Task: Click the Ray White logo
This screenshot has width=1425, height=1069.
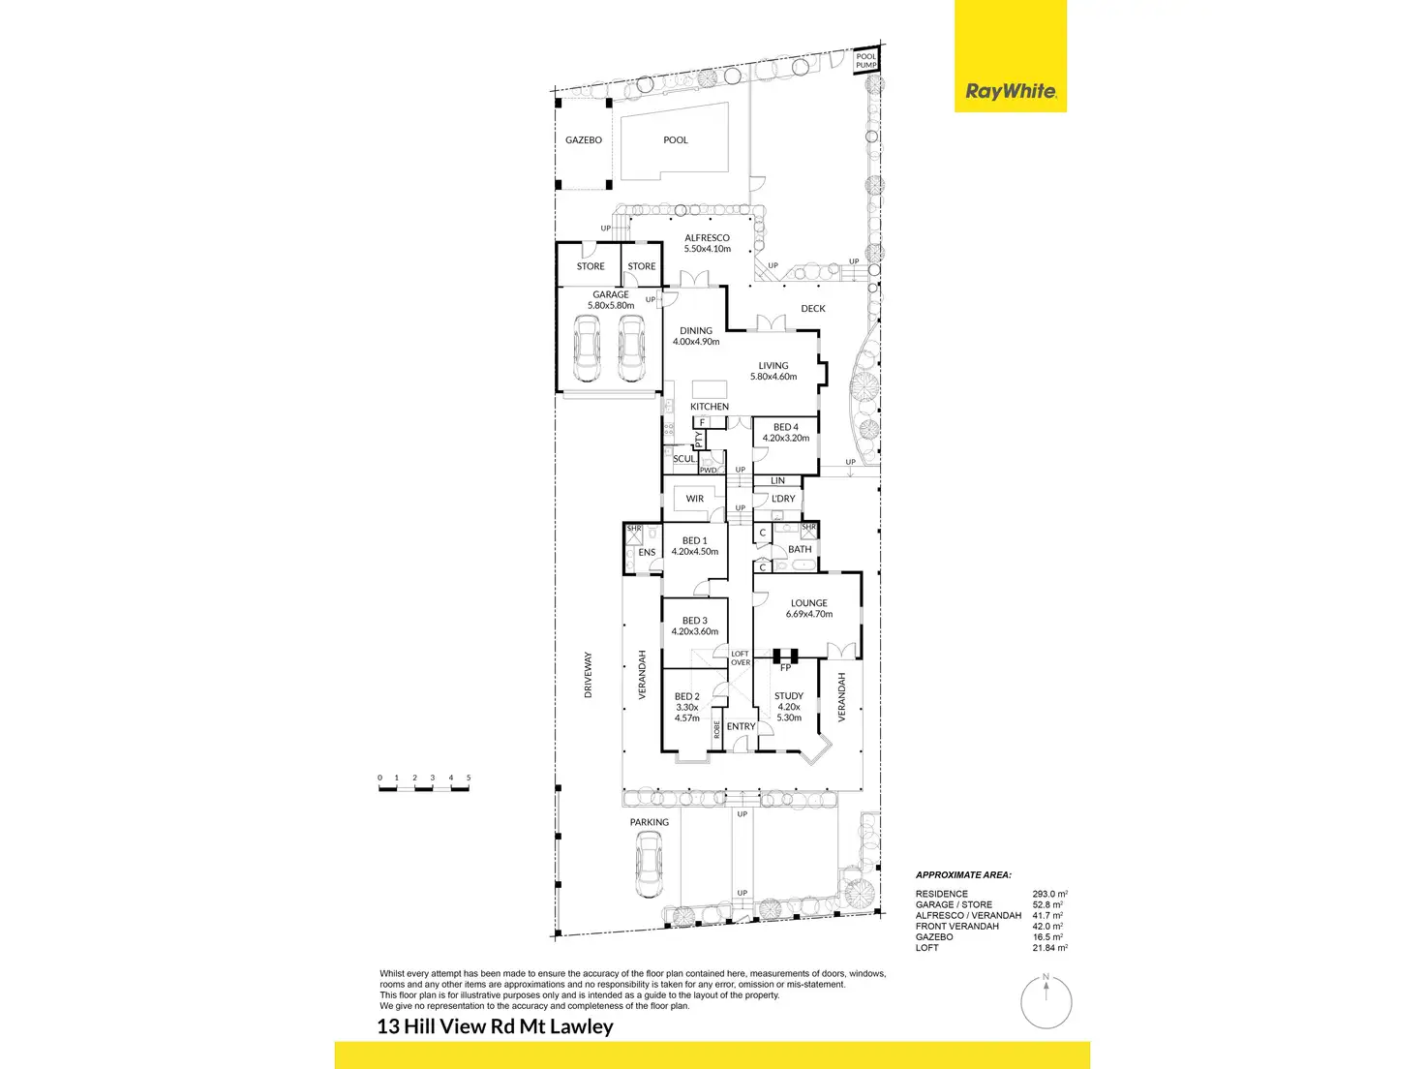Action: [x=1011, y=92]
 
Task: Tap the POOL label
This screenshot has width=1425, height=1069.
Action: [x=676, y=140]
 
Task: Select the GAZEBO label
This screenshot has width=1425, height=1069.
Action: [x=584, y=140]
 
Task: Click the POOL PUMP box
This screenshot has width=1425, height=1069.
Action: [x=865, y=61]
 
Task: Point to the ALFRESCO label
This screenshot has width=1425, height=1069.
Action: [x=707, y=238]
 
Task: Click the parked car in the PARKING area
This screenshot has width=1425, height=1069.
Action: [x=649, y=865]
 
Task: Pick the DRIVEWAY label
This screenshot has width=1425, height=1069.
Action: [x=588, y=674]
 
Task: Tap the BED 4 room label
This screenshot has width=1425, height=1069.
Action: [x=785, y=427]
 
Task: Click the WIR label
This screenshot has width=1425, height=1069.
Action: [x=695, y=499]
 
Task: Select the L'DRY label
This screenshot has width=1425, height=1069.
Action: [x=783, y=499]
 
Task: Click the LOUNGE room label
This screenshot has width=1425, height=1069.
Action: [x=809, y=603]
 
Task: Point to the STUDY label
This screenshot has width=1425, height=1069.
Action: [x=789, y=696]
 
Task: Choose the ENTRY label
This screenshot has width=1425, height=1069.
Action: [x=741, y=726]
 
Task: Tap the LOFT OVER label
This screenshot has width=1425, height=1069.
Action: [x=741, y=658]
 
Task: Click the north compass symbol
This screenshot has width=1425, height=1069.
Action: [x=1046, y=1002]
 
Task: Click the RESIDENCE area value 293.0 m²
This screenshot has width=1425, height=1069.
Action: [x=1049, y=895]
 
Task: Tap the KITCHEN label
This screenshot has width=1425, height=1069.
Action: [x=710, y=407]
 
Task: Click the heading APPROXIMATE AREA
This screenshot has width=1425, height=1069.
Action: [x=963, y=875]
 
